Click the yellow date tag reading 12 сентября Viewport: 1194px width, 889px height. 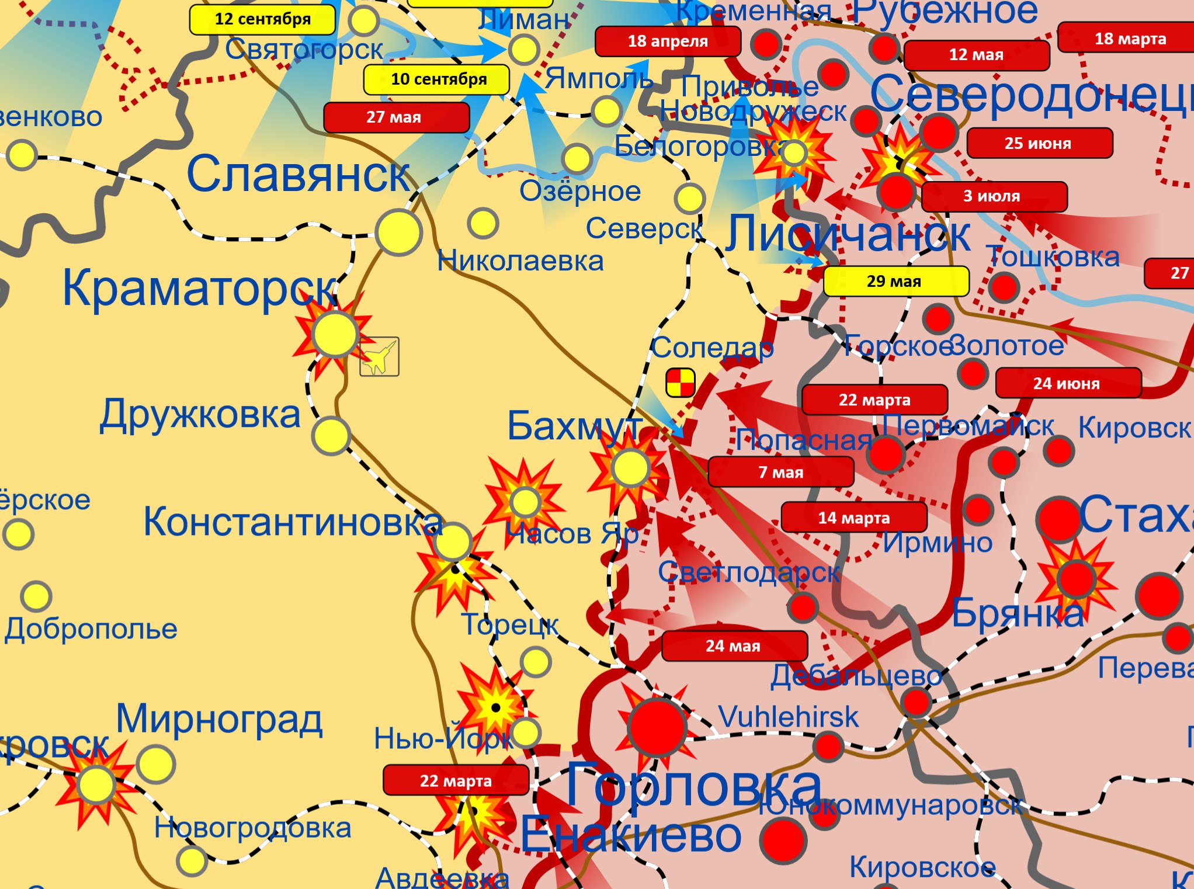pos(262,19)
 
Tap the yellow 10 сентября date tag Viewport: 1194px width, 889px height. pos(436,79)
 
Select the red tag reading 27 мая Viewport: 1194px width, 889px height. pos(396,117)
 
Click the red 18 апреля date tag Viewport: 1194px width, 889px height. pos(667,41)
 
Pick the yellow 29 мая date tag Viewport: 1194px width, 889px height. pos(896,281)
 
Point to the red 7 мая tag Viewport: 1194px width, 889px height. pos(780,472)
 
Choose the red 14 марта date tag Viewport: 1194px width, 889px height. pos(853,518)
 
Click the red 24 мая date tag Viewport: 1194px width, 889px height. pos(734,645)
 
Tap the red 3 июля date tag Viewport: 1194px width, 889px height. pos(994,196)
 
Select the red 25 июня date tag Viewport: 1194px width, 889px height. pos(1039,143)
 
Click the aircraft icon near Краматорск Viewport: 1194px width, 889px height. pos(379,356)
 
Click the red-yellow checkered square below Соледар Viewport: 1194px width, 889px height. pos(680,383)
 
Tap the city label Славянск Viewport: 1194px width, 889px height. pos(298,174)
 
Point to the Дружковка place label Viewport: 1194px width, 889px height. pos(200,415)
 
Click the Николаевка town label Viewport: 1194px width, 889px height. pos(520,261)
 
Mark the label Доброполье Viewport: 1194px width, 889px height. pos(91,629)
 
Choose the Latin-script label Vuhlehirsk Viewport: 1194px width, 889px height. pos(788,717)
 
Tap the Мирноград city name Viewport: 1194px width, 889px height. pos(219,718)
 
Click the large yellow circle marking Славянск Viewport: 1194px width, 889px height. pos(399,232)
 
